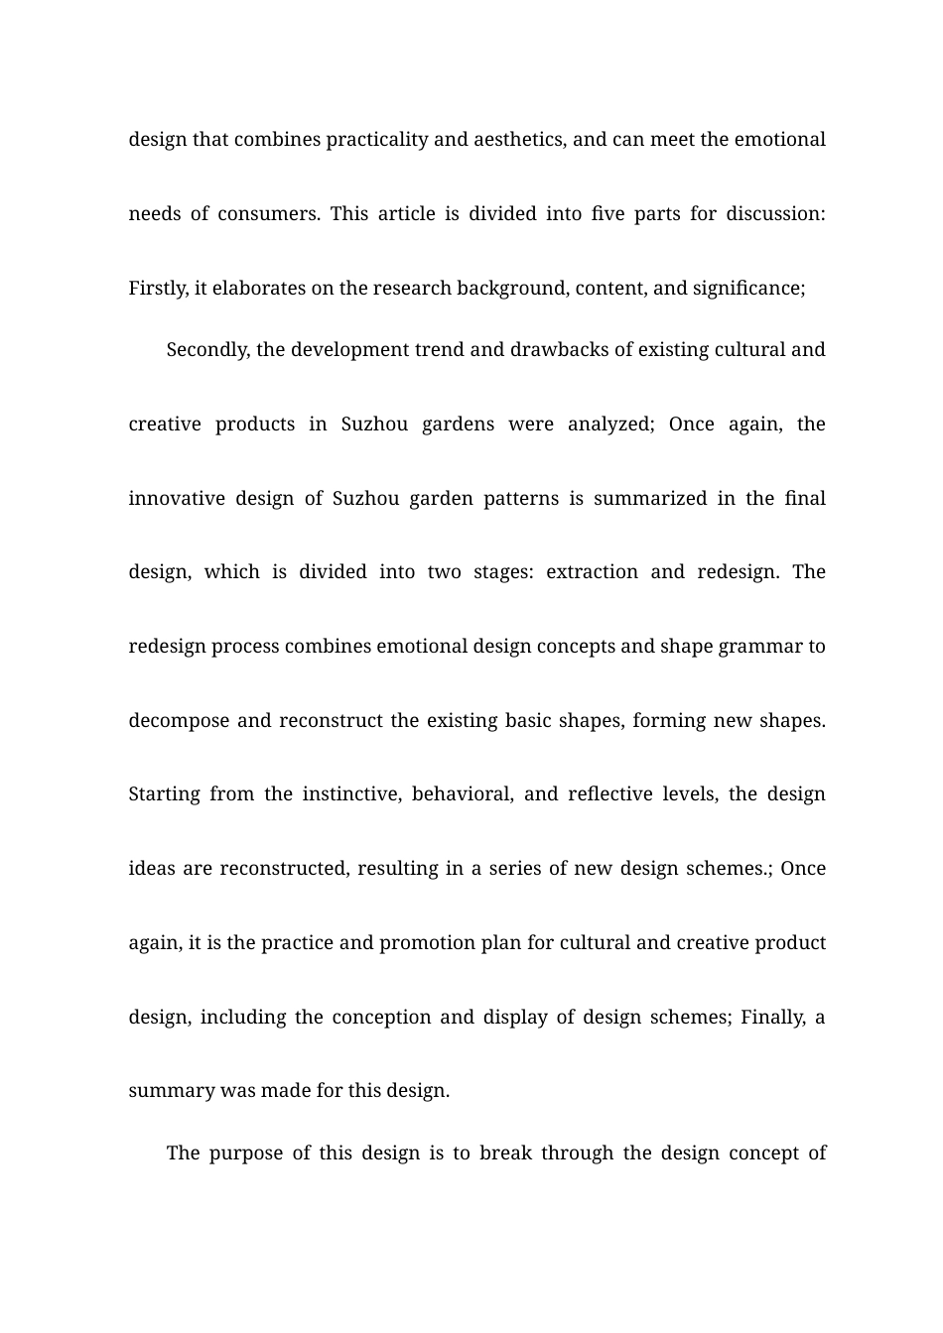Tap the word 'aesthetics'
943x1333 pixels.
click(x=519, y=140)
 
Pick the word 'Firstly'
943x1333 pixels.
click(x=158, y=289)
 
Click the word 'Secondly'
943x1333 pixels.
click(x=208, y=350)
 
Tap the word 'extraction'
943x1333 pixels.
click(x=592, y=572)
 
